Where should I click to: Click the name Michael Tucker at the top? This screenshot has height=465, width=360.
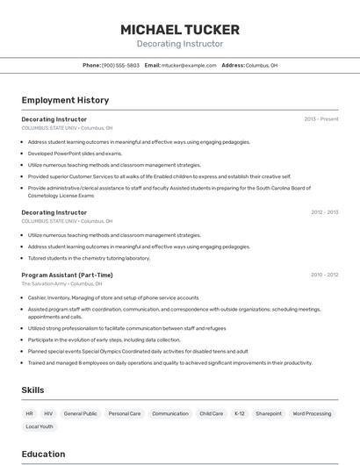point(180,30)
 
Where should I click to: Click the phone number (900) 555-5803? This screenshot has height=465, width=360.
point(120,66)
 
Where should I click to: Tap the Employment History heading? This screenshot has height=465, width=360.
point(65,100)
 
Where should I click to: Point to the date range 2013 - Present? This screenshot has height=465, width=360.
point(320,118)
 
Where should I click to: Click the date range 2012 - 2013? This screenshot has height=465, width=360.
point(324,212)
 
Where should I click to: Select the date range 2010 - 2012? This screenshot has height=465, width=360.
point(324,275)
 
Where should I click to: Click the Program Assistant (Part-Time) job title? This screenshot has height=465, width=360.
point(67,275)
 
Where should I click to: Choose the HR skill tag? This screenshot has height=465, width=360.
point(30,413)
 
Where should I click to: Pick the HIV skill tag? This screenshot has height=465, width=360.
point(48,413)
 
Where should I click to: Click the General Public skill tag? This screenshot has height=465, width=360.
point(80,413)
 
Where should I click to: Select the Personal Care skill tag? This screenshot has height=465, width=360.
point(125,413)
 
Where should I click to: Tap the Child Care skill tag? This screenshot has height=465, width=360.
point(211,413)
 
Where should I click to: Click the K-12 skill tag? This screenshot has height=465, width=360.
point(240,413)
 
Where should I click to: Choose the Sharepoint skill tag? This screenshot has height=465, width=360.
point(269,413)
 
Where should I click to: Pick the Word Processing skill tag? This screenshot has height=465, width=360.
point(312,413)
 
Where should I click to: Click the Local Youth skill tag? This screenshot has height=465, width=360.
point(40,426)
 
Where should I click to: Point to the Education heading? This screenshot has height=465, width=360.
point(43,454)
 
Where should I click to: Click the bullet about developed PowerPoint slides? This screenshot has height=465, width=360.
point(75,153)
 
